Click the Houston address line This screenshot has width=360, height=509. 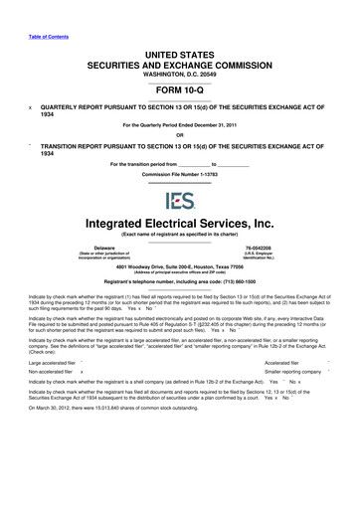[x=179, y=268]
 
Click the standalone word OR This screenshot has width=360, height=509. [x=179, y=135]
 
